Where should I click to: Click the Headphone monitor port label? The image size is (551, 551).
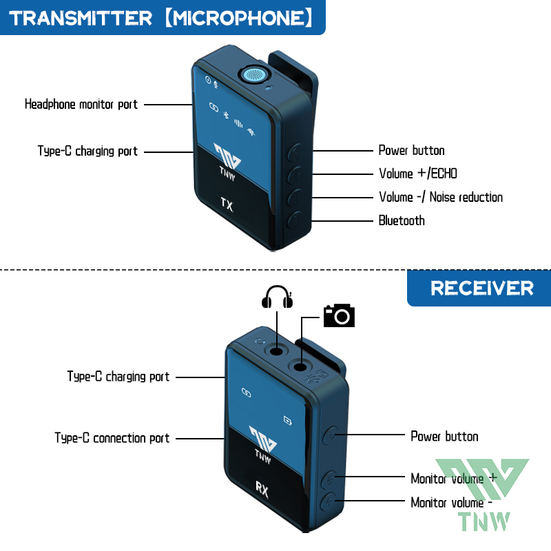(x=81, y=105)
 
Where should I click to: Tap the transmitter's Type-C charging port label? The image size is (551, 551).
(x=87, y=151)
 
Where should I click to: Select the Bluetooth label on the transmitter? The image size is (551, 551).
(x=402, y=220)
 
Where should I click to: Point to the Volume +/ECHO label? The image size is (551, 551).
(x=418, y=174)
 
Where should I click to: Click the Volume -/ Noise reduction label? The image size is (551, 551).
(x=441, y=197)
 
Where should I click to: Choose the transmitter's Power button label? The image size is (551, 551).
(x=411, y=150)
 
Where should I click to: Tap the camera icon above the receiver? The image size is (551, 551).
(x=339, y=315)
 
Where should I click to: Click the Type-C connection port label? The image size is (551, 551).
(x=112, y=438)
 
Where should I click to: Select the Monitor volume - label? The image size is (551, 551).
(x=451, y=502)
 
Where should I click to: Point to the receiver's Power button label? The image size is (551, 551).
(x=444, y=436)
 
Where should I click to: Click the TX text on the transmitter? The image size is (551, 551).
(x=227, y=204)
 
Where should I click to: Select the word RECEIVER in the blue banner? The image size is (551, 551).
(x=482, y=288)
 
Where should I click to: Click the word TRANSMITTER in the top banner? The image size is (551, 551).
(x=81, y=17)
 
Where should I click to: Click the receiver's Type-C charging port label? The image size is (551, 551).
(x=118, y=377)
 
